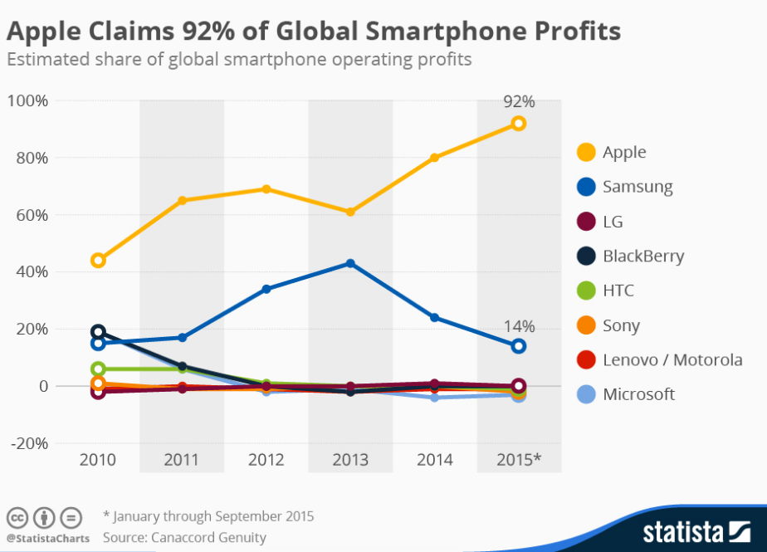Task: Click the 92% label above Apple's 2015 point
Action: click(519, 102)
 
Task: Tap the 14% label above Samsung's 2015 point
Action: click(519, 326)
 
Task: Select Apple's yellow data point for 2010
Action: click(98, 261)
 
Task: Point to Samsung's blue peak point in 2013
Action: click(350, 263)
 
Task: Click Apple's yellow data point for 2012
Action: click(266, 189)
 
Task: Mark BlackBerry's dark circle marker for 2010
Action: click(98, 332)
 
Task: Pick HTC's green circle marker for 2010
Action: click(98, 369)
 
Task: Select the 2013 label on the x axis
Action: click(350, 460)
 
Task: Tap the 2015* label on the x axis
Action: click(519, 460)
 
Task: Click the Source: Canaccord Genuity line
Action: click(184, 538)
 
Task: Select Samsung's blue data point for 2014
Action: click(434, 318)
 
